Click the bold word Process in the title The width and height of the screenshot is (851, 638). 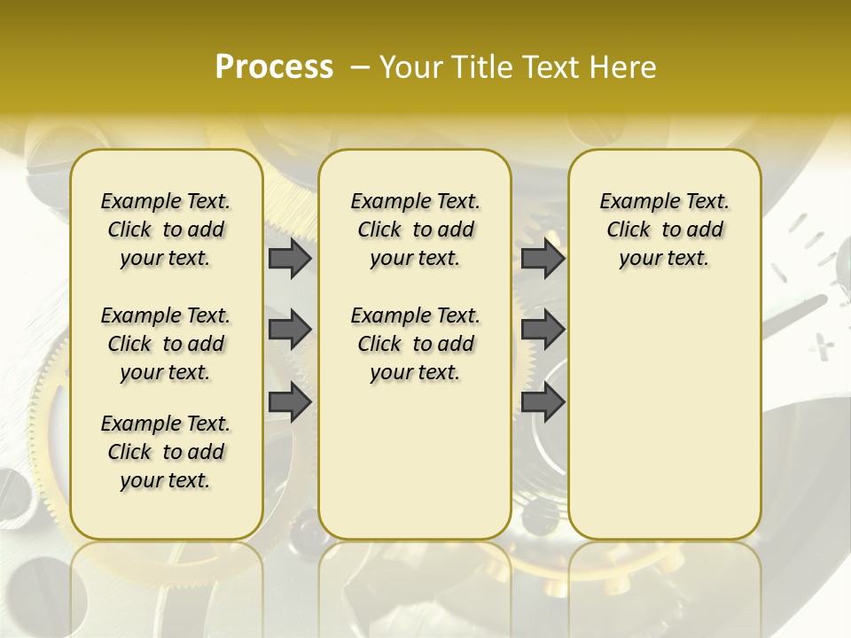[x=274, y=66]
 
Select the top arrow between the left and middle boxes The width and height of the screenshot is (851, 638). [x=290, y=258]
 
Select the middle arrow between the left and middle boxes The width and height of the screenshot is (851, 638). [x=290, y=330]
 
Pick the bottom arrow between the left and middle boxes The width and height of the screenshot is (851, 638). [x=290, y=401]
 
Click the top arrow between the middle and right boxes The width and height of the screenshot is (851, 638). [x=543, y=258]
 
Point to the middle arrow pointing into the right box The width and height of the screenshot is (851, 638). [x=543, y=330]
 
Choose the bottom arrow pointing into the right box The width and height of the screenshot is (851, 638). [x=543, y=401]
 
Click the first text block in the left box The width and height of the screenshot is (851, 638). [x=166, y=230]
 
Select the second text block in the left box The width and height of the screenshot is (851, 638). [x=166, y=344]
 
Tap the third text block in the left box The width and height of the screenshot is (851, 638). [x=166, y=452]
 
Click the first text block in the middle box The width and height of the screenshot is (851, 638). [x=415, y=230]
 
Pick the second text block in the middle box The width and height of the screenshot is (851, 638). [x=415, y=344]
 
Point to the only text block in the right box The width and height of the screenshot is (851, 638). [x=665, y=230]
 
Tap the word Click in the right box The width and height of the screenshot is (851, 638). [x=629, y=230]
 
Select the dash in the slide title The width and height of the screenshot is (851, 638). [x=360, y=66]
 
